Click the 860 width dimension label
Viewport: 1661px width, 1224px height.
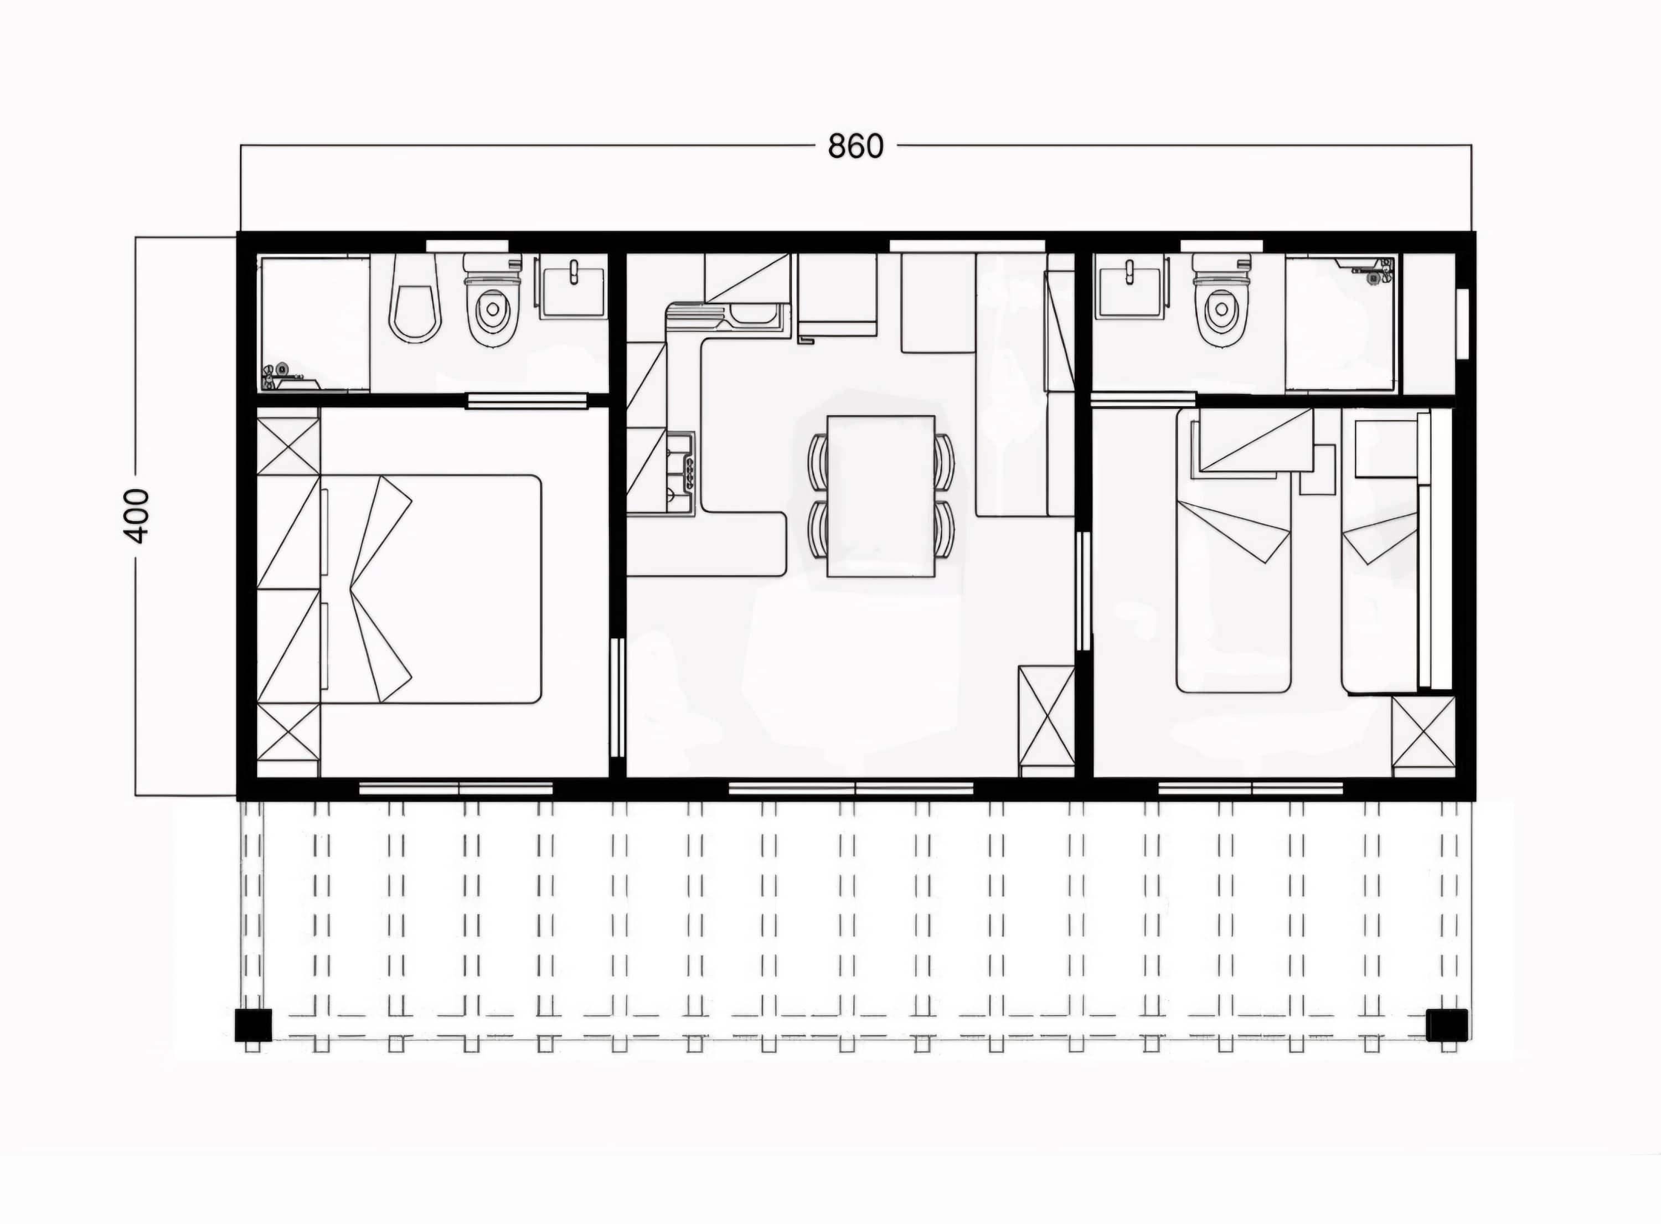click(855, 147)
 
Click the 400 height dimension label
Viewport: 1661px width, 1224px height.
click(138, 516)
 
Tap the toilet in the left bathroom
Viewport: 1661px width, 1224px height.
click(493, 300)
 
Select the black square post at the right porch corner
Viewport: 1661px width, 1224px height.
click(1447, 1025)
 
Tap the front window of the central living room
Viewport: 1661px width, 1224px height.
click(850, 788)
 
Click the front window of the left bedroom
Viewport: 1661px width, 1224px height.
click(456, 788)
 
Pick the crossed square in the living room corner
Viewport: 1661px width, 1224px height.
click(1046, 716)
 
